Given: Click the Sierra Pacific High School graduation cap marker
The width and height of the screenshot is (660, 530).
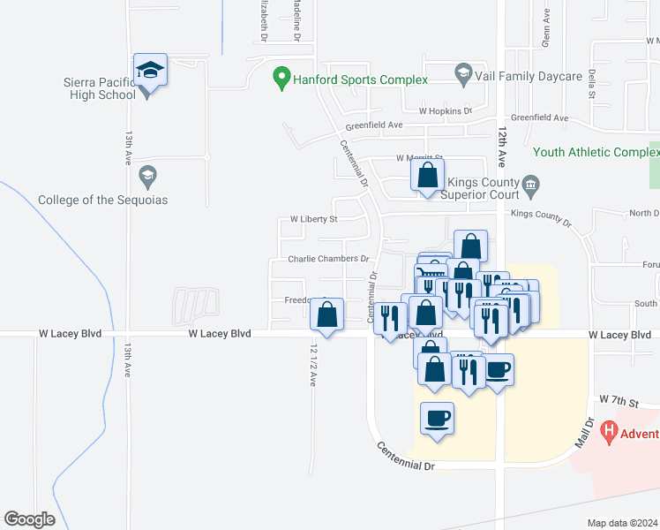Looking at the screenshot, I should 150,71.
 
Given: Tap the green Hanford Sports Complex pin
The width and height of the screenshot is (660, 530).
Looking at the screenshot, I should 281,79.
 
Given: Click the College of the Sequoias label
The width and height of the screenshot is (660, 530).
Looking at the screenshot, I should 102,200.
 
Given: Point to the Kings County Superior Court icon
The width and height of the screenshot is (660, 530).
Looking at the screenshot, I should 530,185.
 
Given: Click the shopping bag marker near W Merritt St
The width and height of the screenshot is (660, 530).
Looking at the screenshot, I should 427,175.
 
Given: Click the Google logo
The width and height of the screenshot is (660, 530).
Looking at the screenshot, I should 29,519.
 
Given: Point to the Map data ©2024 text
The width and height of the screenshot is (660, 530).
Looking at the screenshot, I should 622,523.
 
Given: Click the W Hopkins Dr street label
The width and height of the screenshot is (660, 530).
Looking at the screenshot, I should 446,111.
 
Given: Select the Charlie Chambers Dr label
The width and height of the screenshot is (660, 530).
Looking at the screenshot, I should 328,259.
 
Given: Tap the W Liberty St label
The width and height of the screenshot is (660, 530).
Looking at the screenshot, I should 314,218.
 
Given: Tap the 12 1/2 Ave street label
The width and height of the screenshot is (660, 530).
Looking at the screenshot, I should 312,364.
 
